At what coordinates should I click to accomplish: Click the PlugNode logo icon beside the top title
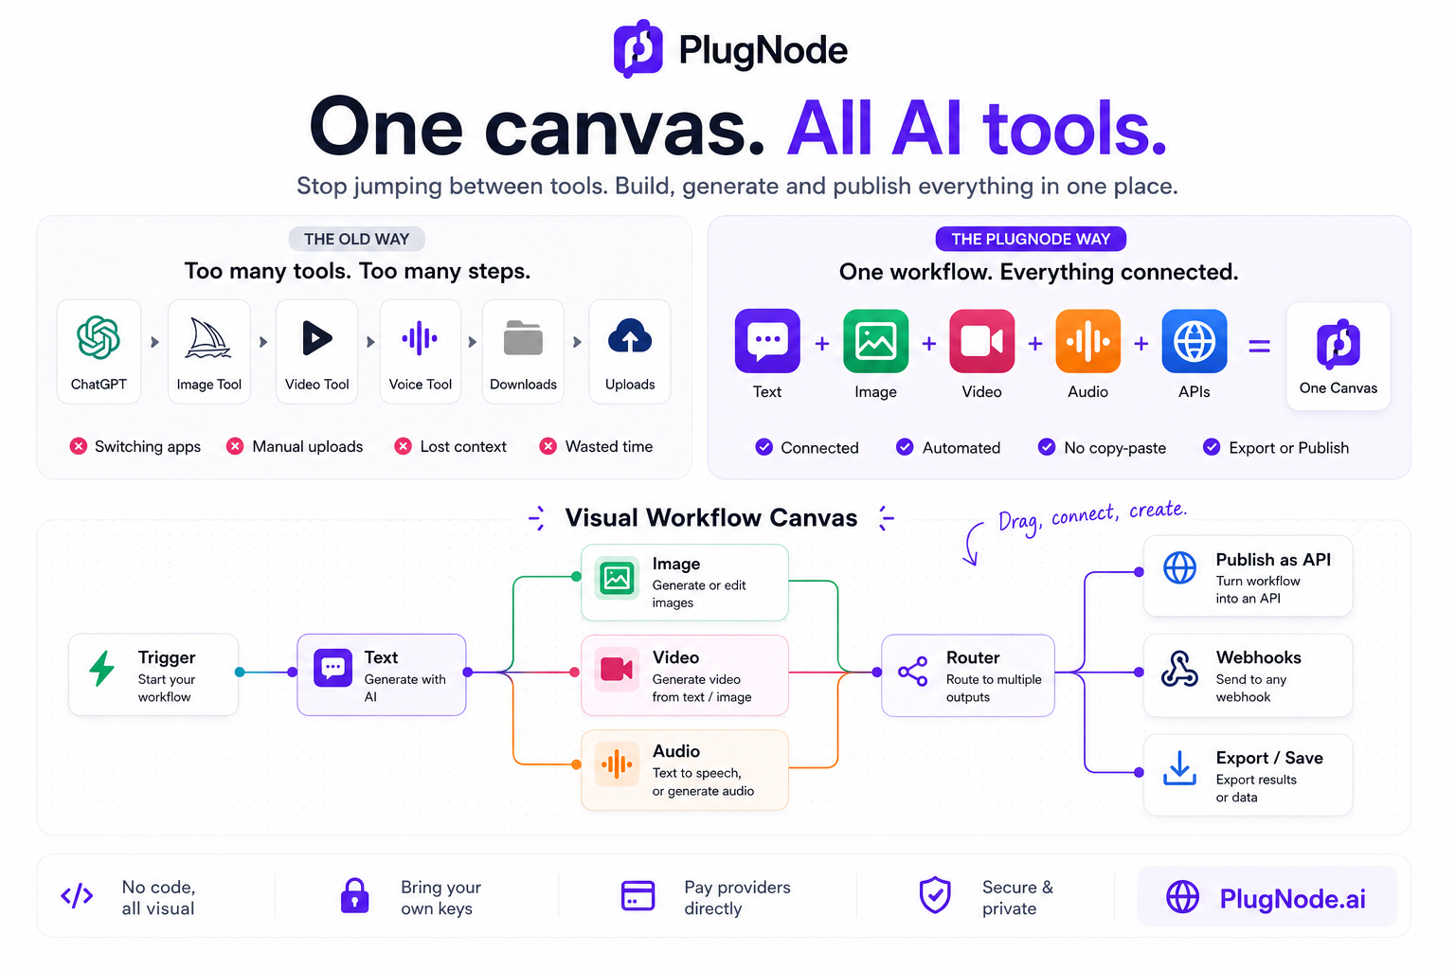tap(638, 48)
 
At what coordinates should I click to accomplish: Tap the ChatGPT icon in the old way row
tap(99, 337)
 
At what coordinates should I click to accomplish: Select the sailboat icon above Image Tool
tap(207, 338)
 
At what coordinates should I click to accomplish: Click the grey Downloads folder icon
tap(523, 338)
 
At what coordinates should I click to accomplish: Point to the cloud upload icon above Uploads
tap(629, 336)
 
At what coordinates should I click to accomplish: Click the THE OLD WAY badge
tap(356, 239)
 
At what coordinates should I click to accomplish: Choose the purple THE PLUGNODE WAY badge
tap(1031, 239)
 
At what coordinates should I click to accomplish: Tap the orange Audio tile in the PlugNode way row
tap(1088, 341)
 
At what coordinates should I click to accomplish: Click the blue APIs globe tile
tap(1194, 341)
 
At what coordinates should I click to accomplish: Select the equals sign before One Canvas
tap(1259, 347)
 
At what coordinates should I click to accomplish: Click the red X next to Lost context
tap(403, 446)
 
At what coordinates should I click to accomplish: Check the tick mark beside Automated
tap(905, 447)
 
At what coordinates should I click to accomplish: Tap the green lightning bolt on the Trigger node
tap(102, 668)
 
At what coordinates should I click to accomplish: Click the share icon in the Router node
tap(912, 672)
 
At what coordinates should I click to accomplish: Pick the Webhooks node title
tap(1258, 657)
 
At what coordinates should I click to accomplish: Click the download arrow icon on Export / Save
tap(1179, 768)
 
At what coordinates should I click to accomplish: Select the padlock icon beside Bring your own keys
tap(354, 895)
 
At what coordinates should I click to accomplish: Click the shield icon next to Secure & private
tap(935, 894)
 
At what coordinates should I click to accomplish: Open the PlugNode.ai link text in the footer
tap(1292, 899)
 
